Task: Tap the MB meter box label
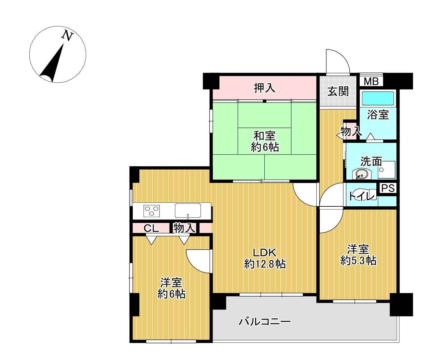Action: point(371,81)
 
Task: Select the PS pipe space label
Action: point(388,188)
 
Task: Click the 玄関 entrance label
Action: point(338,91)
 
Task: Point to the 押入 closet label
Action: point(264,88)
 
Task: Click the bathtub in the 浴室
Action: point(378,99)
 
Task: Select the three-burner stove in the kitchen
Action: point(151,211)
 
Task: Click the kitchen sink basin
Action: point(188,211)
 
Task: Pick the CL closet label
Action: point(151,228)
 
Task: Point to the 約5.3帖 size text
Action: point(358,261)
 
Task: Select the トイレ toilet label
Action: point(361,196)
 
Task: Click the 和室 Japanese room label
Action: point(264,136)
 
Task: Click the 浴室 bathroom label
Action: point(378,115)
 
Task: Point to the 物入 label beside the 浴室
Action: point(351,131)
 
